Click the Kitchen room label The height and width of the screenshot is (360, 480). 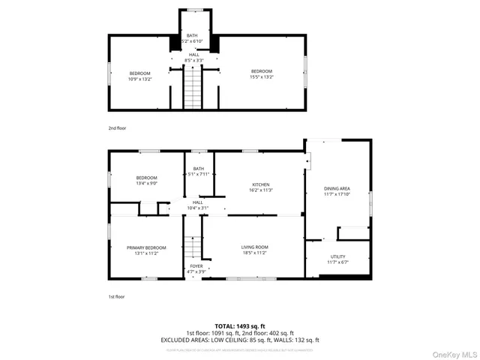pyautogui.click(x=261, y=184)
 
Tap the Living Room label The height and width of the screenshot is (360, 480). pyautogui.click(x=255, y=247)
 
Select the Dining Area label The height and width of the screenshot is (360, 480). pyautogui.click(x=337, y=188)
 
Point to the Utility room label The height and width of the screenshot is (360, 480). pyautogui.click(x=338, y=256)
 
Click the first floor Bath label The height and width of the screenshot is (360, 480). pyautogui.click(x=199, y=169)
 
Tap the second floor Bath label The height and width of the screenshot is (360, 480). pyautogui.click(x=193, y=35)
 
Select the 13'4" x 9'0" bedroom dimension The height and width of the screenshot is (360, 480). pyautogui.click(x=146, y=182)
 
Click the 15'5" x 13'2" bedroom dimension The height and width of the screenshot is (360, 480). pyautogui.click(x=262, y=76)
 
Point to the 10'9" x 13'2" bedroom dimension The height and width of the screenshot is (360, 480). pyautogui.click(x=140, y=78)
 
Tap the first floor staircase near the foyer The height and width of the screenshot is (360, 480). pyautogui.click(x=193, y=246)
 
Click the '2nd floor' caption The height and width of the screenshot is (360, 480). pyautogui.click(x=117, y=128)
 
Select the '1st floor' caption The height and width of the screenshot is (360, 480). pyautogui.click(x=116, y=297)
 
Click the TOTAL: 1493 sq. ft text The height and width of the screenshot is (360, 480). pyautogui.click(x=240, y=326)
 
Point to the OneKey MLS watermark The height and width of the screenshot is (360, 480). pyautogui.click(x=454, y=353)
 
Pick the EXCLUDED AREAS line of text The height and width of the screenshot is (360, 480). pyautogui.click(x=240, y=340)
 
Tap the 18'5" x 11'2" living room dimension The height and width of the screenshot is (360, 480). pyautogui.click(x=255, y=252)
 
